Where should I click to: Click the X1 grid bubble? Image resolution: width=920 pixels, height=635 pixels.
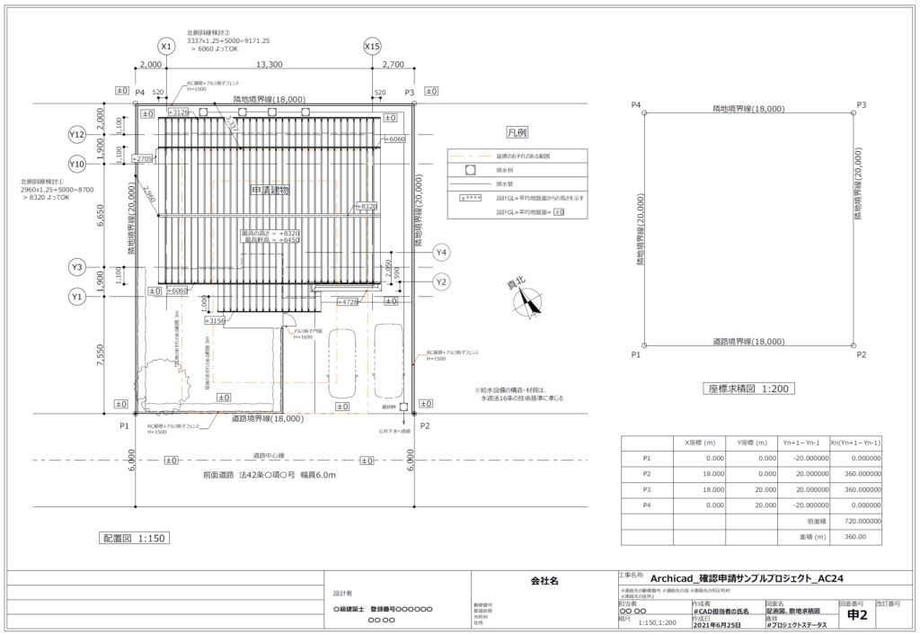[x=165, y=46]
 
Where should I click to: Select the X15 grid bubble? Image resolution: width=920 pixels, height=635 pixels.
[x=373, y=46]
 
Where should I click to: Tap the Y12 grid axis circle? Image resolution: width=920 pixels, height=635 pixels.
[x=77, y=135]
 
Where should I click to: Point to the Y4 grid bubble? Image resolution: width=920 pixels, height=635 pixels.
[x=441, y=252]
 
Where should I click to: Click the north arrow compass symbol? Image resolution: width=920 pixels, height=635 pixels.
[x=527, y=303]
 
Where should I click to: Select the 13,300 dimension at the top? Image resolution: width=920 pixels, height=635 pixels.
[x=269, y=65]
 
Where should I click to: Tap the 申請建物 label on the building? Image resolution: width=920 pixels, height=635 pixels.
[x=270, y=191]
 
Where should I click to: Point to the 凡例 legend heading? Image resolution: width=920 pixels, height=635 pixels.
[x=517, y=132]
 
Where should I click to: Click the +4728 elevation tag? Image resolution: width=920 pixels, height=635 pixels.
[x=348, y=302]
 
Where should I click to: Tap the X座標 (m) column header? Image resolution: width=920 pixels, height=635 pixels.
[x=700, y=442]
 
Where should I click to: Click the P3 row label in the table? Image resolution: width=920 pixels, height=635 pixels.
[x=647, y=489]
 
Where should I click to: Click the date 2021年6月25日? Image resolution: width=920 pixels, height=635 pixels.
[x=717, y=622]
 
